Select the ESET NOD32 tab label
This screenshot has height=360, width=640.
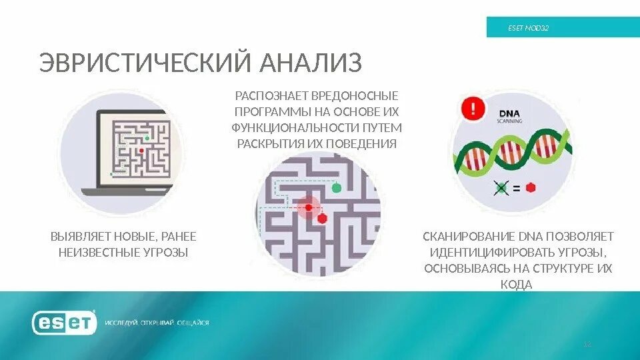click(528, 28)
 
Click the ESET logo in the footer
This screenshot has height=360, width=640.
click(63, 323)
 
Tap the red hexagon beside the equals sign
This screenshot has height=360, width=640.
click(531, 188)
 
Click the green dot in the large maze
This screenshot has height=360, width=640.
click(337, 187)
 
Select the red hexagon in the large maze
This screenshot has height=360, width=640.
click(322, 218)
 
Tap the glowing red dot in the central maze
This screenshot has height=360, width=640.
click(308, 207)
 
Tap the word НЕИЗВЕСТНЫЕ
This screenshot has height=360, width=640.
click(99, 253)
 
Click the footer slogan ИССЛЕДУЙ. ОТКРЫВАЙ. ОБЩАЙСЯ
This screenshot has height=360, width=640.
click(157, 323)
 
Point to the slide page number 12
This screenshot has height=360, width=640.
click(587, 344)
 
